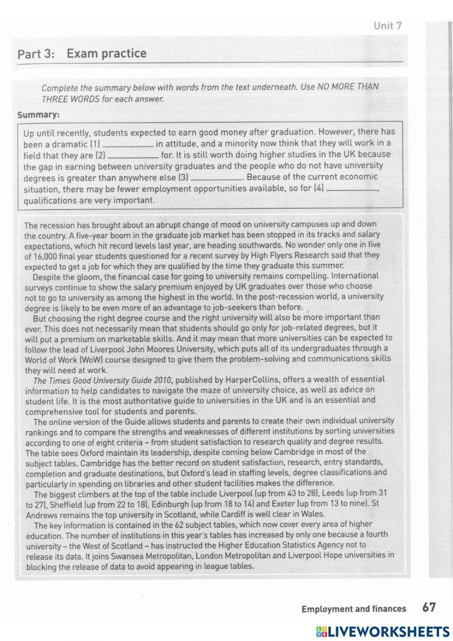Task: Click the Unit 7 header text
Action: [x=387, y=26]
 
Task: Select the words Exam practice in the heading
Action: [x=106, y=54]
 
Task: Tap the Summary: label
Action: [x=39, y=115]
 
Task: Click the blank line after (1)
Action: [x=128, y=145]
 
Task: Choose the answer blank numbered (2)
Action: [x=133, y=156]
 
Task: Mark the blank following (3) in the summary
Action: [x=217, y=178]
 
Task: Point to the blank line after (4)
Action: [x=352, y=189]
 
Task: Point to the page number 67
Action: [x=429, y=607]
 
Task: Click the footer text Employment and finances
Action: [x=353, y=609]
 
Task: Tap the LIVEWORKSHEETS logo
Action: [x=383, y=631]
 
